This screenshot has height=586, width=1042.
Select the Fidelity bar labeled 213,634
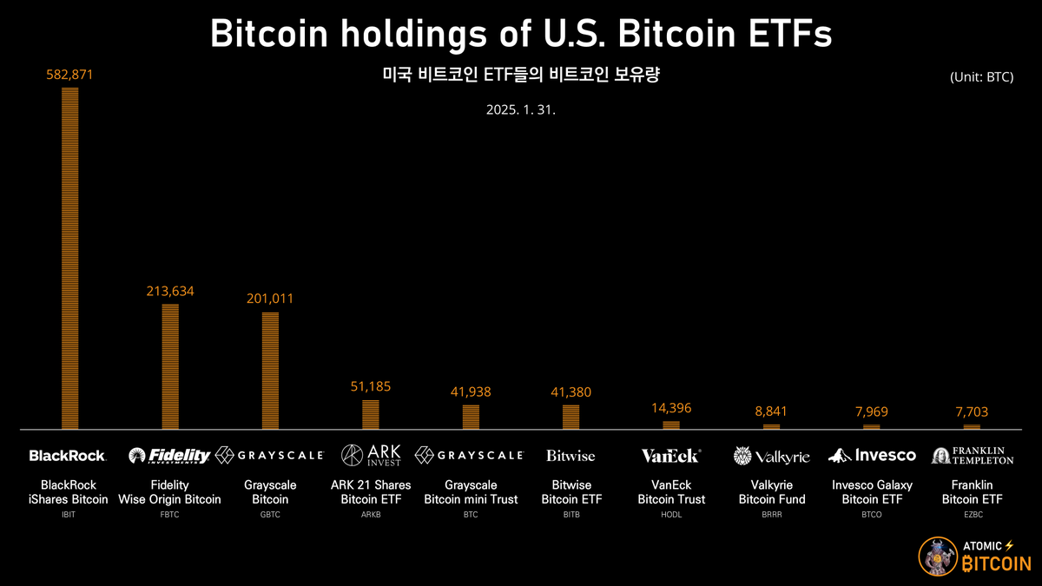coord(170,365)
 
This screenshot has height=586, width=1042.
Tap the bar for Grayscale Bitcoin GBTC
coord(270,370)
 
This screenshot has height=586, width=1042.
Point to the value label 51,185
coord(370,386)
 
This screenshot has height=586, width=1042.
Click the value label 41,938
coord(471,392)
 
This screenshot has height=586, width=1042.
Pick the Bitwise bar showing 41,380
coord(570,417)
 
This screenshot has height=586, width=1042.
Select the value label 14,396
coord(671,407)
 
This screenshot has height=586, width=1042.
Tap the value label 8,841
coord(771,412)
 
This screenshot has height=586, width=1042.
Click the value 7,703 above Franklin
coord(972,412)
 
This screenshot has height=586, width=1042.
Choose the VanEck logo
coord(670,455)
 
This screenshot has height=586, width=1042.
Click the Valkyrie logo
coord(771,455)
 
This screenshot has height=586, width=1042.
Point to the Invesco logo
coord(872,455)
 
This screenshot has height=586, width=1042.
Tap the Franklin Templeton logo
coord(972,455)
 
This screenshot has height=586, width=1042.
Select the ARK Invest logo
coord(371,455)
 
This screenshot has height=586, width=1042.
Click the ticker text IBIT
coord(69,515)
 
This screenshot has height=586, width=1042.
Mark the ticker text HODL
coord(671,515)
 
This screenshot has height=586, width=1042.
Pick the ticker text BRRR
coord(771,515)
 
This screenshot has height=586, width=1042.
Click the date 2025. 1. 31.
coord(521,111)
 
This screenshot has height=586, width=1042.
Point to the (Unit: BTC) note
coord(982,77)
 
